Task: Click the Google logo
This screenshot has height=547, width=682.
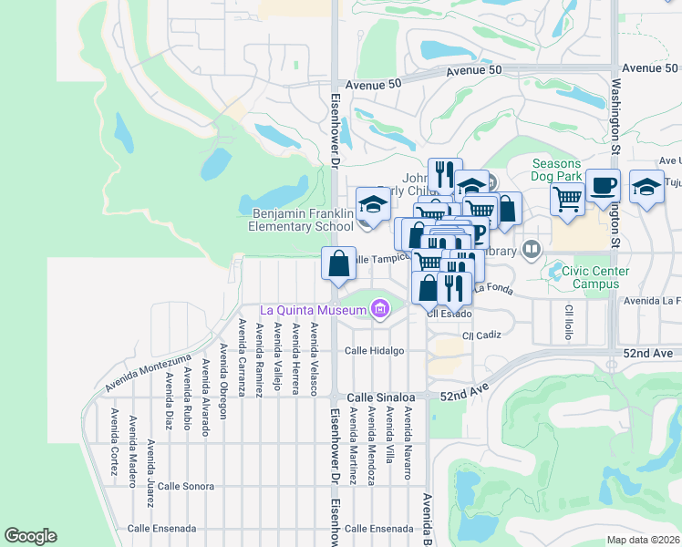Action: click(x=30, y=536)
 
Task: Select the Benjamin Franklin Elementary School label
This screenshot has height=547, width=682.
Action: click(x=302, y=220)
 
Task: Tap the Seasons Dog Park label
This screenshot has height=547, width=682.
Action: click(x=571, y=170)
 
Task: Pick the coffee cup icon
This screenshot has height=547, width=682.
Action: click(x=603, y=185)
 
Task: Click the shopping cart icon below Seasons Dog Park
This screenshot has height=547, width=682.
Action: click(x=568, y=198)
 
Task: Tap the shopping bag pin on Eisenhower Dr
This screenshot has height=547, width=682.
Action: click(x=338, y=263)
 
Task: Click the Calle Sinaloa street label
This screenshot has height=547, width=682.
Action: click(x=381, y=398)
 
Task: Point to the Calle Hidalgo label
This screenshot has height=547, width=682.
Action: click(x=373, y=351)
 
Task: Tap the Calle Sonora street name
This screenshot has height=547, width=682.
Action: click(x=185, y=487)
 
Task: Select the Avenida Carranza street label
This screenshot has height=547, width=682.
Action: click(x=242, y=357)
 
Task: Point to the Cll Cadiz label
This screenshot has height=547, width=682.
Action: click(x=481, y=335)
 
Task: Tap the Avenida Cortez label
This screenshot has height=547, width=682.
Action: click(x=114, y=442)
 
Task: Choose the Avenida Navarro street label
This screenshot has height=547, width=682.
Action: click(x=408, y=442)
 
